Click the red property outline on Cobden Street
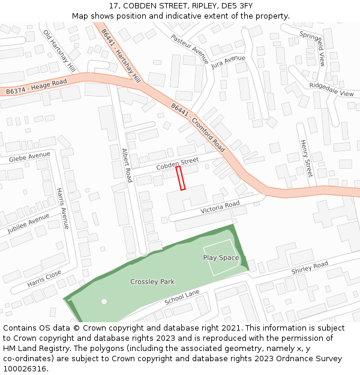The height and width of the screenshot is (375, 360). coord(181,178)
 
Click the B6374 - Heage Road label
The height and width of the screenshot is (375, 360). coord(36,86)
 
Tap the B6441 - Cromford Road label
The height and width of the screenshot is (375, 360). coord(198,127)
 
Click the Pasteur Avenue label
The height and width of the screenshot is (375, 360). coord(190,49)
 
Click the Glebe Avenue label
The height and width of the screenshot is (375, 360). coord(29,157)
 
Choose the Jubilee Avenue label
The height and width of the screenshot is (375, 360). coord(28,223)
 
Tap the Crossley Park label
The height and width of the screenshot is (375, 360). coord(152,281)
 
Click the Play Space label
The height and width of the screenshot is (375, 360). coord(221,258)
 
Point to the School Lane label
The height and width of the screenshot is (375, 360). coord(182,296)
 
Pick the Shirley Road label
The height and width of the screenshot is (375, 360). coord(310,268)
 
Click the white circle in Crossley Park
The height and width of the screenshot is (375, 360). coord(104,301)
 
